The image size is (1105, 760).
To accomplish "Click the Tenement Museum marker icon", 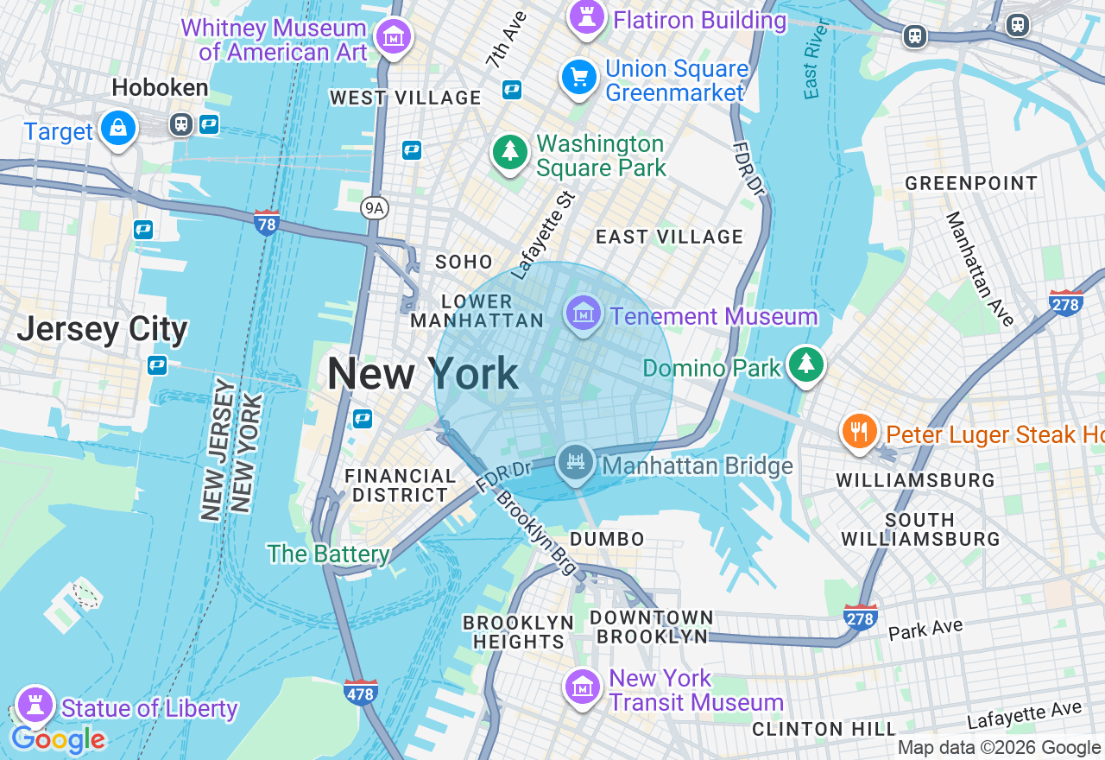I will (584, 313).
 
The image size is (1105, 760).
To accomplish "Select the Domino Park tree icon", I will (806, 365).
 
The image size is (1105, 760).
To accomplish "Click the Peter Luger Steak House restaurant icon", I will (859, 431).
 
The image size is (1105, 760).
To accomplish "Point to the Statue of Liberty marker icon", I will (35, 703).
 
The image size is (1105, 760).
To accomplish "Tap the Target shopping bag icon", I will (117, 130).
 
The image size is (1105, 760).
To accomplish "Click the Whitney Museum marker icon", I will (395, 37).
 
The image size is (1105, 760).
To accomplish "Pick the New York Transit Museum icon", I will (583, 687).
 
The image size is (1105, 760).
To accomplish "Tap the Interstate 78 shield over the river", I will (267, 223).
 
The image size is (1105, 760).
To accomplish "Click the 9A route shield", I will (374, 208).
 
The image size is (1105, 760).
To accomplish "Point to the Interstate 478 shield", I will (360, 692).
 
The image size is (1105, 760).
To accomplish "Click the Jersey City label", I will (102, 329).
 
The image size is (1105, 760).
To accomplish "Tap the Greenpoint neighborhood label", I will (970, 183).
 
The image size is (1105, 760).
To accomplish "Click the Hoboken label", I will (160, 87).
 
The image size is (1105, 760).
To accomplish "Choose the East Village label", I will (669, 237).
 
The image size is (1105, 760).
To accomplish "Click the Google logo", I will (57, 740).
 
